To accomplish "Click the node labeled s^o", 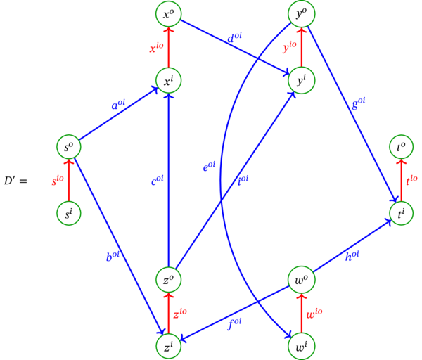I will (x=69, y=147).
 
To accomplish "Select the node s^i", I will (x=69, y=213).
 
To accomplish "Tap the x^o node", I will (x=169, y=13).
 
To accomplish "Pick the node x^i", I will (x=169, y=80).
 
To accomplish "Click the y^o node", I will (x=302, y=13).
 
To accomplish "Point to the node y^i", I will (x=302, y=80).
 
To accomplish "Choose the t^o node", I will (x=402, y=147).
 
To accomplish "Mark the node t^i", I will (x=402, y=213).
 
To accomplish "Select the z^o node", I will (x=169, y=279).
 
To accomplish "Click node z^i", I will (x=169, y=346).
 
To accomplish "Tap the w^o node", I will (x=302, y=279).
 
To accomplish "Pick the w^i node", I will (x=302, y=346).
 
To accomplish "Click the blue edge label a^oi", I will (x=118, y=105).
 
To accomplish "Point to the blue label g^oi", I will (x=359, y=103).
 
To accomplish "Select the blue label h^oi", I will (x=352, y=256).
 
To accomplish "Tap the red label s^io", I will (x=57, y=181).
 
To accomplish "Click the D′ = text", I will (x=15, y=181).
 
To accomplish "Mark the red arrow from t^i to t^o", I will (x=402, y=180).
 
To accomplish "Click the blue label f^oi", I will (x=235, y=324).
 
